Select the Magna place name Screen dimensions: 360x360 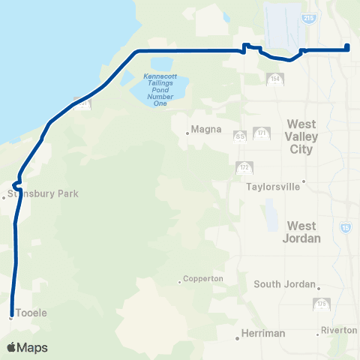pyautogui.click(x=206, y=129)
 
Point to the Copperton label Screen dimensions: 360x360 pyautogui.click(x=203, y=278)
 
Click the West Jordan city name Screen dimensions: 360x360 pyautogui.click(x=303, y=232)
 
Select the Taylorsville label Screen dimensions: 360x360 pyautogui.click(x=273, y=187)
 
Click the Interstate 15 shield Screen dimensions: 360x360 pyautogui.click(x=345, y=226)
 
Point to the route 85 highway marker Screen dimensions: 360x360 pyautogui.click(x=240, y=136)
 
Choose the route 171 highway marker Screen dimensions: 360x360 pyautogui.click(x=262, y=133)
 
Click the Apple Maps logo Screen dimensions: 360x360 pyautogui.click(x=26, y=347)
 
